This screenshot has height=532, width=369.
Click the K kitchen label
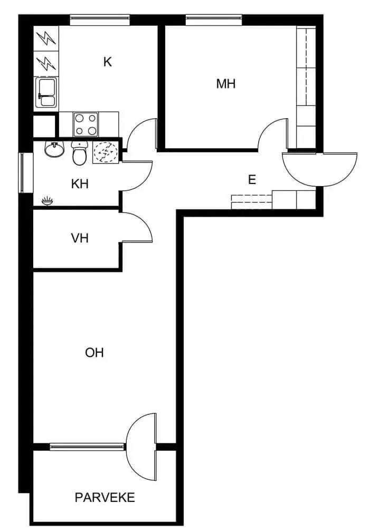(107, 62)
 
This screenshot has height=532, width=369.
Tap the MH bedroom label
(225, 83)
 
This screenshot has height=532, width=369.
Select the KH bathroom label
(80, 184)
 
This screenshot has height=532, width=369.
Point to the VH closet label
(80, 238)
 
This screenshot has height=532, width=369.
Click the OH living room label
(94, 353)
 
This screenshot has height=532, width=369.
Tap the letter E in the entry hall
(252, 179)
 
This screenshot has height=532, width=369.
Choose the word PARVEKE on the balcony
(105, 497)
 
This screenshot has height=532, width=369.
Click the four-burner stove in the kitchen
(86, 124)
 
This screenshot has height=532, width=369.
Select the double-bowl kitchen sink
(46, 93)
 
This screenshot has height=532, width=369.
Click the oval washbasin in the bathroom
(54, 150)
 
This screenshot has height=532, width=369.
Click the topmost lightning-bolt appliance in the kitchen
(46, 38)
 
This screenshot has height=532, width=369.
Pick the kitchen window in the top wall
(100, 20)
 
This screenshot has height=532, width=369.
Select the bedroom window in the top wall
(214, 20)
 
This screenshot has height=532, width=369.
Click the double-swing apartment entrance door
(319, 169)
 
